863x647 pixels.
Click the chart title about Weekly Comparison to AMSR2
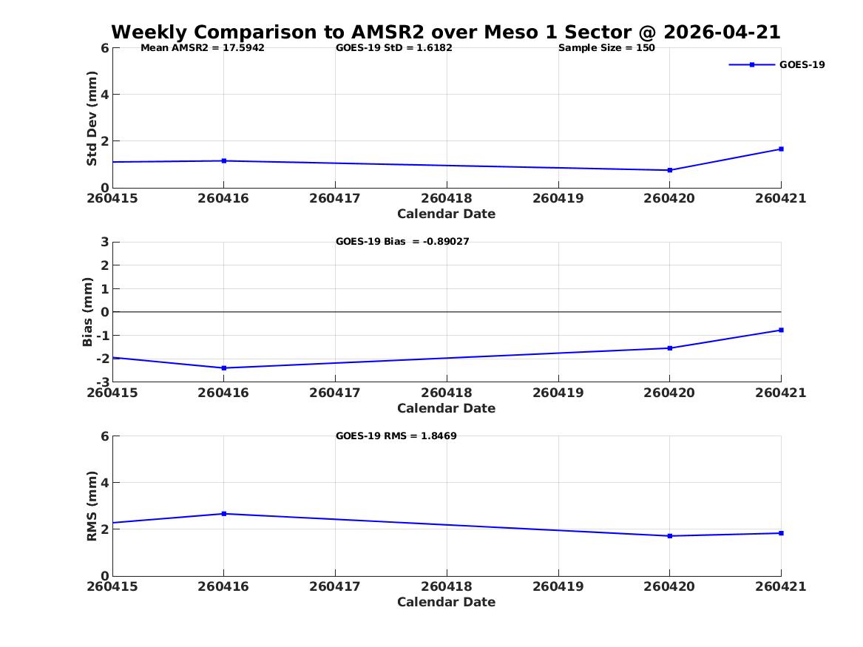[x=446, y=32]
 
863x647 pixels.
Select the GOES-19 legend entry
[x=776, y=64]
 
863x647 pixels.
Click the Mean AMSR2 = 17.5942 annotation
[x=203, y=48]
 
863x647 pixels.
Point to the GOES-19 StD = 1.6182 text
[x=394, y=48]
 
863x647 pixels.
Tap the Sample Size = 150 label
[x=606, y=48]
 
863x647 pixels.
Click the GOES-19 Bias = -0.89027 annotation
[x=402, y=242]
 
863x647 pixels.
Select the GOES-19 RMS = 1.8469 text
[x=396, y=436]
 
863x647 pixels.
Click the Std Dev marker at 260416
[x=224, y=160]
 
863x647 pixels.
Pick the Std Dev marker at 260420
[x=670, y=170]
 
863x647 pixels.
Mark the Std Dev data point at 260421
[x=781, y=149]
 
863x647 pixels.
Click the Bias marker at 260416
[x=224, y=368]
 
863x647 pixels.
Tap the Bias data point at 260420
[x=670, y=348]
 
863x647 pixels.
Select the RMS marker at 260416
[x=224, y=514]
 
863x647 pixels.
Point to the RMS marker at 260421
[x=781, y=533]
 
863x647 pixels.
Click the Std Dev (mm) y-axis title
[x=92, y=118]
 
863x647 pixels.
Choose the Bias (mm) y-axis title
[x=87, y=312]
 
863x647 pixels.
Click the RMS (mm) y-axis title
[x=92, y=507]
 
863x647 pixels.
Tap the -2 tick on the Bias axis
[x=103, y=359]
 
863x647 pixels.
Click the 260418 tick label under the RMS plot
[x=447, y=586]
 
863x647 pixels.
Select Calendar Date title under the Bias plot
[x=447, y=408]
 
